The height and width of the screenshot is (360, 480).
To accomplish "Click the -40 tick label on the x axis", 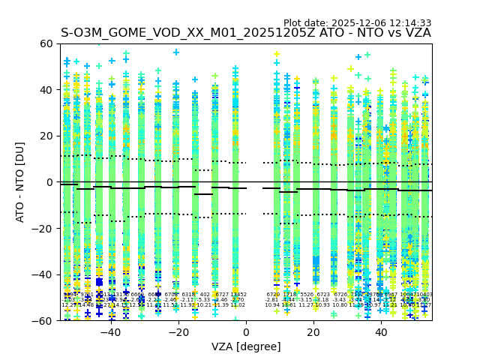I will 109,332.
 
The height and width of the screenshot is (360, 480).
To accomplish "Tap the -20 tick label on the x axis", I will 177,332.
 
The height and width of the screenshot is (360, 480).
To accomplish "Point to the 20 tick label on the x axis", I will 313,332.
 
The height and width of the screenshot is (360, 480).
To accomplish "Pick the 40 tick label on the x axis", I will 381,332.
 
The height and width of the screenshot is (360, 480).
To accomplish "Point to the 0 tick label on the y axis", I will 51,182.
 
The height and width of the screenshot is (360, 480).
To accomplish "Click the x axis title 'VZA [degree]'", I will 246,346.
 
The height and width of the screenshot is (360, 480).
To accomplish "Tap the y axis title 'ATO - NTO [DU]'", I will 21,182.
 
